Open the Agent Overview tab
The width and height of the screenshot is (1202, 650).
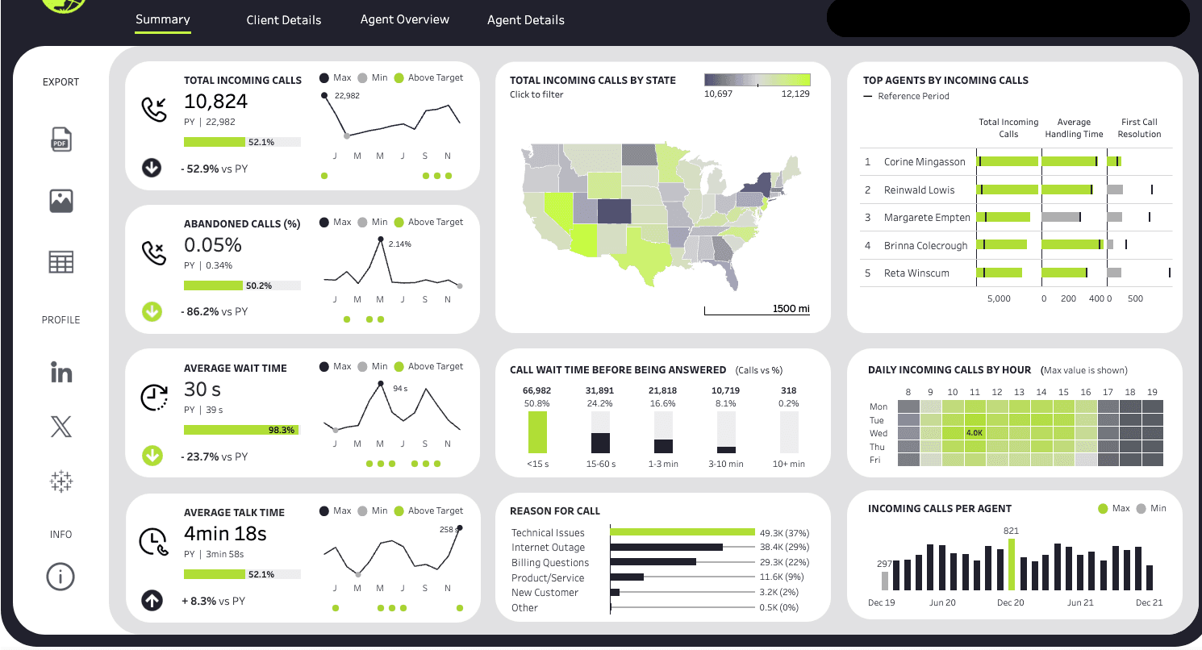tap(404, 19)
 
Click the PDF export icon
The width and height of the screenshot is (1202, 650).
tap(61, 139)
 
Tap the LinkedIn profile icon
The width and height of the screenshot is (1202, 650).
tap(61, 373)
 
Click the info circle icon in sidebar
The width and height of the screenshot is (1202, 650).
tap(61, 577)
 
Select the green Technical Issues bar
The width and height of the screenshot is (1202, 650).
tap(682, 532)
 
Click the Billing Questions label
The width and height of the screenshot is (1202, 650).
tap(550, 563)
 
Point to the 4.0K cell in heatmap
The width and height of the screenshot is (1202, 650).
tap(975, 433)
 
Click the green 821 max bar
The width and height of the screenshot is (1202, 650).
tap(1011, 565)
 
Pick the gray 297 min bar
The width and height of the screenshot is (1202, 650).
tap(885, 581)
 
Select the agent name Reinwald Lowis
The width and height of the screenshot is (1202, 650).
tap(919, 190)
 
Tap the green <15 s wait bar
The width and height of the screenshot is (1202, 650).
tap(537, 431)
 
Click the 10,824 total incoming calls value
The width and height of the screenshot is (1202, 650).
tap(215, 102)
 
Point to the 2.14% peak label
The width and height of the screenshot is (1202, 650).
tap(399, 244)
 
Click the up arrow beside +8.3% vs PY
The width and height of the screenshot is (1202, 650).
tap(152, 601)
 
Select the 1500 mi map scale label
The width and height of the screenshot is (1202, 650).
tap(790, 309)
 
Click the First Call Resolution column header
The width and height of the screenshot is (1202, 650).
tap(1139, 128)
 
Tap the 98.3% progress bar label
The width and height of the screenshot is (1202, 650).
tap(281, 431)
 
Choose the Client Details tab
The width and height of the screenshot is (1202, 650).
tap(284, 20)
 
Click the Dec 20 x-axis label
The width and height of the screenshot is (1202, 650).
tap(1011, 602)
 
